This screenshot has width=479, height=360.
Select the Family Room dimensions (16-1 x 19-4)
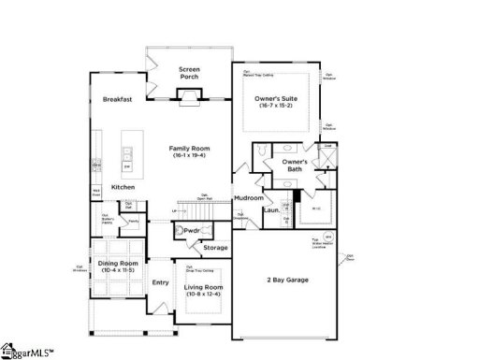[190, 155]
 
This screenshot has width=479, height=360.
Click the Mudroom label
[248, 198]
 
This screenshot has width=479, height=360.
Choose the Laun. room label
[272, 211]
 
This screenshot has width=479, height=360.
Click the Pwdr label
[194, 230]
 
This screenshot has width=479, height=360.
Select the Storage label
[215, 248]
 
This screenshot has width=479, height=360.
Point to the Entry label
[161, 282]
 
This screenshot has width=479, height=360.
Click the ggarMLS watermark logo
[28, 353]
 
